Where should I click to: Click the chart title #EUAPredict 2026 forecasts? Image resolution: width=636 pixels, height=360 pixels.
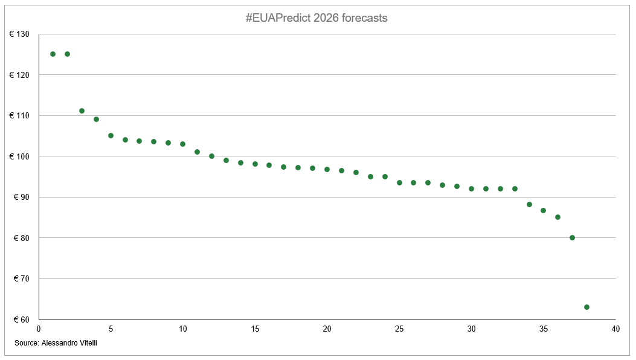point(316,18)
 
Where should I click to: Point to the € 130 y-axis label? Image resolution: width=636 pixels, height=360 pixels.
point(19,34)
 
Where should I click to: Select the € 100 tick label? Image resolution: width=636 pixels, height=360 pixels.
point(19,156)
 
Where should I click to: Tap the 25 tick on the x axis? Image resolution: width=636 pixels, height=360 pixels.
point(399,329)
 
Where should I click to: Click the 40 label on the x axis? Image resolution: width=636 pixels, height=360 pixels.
point(615,329)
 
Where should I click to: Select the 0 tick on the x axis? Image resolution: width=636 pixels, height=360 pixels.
point(39,329)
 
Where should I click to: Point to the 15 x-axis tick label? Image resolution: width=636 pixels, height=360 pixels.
point(255,329)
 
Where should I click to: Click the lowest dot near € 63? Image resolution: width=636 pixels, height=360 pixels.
point(586,307)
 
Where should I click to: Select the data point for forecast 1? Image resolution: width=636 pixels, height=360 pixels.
point(53,54)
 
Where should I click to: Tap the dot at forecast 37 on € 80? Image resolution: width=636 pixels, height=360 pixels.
point(572,237)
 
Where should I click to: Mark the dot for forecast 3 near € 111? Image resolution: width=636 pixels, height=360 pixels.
point(82,111)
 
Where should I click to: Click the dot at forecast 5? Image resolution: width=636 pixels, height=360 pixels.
point(111,135)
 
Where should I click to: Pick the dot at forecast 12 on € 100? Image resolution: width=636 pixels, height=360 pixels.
point(211,156)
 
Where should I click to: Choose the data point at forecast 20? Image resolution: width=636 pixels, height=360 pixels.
point(327,169)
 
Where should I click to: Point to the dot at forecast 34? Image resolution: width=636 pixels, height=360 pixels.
point(529,204)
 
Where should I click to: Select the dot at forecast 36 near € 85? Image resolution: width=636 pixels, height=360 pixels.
point(557,217)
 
